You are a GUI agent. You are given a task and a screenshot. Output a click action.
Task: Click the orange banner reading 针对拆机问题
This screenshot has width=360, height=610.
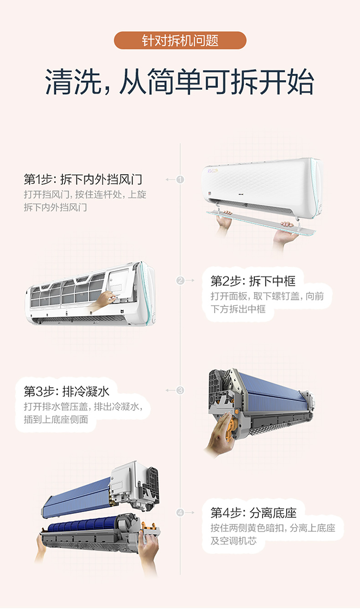180,40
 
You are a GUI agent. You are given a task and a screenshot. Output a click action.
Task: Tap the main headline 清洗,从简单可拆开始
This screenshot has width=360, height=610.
180,82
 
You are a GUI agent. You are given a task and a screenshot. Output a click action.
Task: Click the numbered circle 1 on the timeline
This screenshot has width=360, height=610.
180,180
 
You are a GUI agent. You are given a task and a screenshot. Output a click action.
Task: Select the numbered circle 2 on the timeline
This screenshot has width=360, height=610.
180,280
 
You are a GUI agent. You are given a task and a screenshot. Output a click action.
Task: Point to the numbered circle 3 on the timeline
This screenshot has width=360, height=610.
180,390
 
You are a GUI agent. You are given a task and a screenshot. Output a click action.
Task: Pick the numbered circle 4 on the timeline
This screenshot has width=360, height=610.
180,512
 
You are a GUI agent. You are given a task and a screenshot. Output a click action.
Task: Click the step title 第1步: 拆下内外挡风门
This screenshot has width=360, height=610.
83,180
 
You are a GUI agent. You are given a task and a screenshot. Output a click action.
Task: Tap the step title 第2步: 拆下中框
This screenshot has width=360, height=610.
253,281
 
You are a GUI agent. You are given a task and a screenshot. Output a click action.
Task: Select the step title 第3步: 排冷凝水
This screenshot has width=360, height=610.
66,391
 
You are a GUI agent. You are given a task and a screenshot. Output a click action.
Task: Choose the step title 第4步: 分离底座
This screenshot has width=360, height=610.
253,513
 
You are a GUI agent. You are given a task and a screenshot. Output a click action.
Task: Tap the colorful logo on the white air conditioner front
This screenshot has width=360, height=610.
213,171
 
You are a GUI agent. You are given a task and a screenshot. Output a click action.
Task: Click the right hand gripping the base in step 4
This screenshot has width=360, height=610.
148,548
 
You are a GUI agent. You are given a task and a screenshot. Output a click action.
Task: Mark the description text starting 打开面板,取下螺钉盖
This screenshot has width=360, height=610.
267,303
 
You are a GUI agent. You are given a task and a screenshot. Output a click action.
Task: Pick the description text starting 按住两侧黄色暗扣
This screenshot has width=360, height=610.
273,534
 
